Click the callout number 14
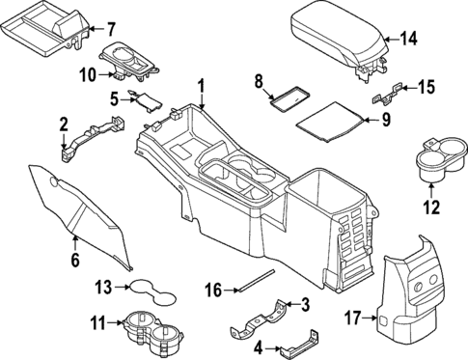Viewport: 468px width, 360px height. pyautogui.click(x=410, y=40)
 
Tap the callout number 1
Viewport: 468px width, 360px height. pyautogui.click(x=201, y=91)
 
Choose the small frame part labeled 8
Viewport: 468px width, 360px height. pyautogui.click(x=289, y=97)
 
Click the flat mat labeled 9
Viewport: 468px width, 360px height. pyautogui.click(x=328, y=124)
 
